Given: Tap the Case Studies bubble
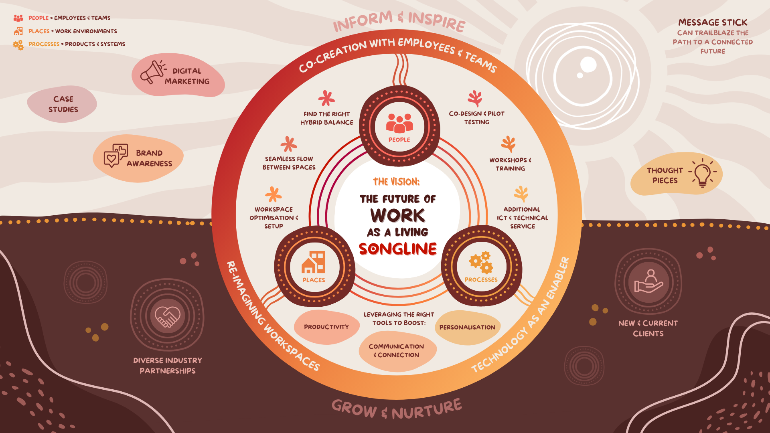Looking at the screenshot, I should pyautogui.click(x=63, y=104).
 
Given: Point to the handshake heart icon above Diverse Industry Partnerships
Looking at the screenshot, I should pyautogui.click(x=168, y=316).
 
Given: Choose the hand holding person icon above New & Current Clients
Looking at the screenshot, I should pyautogui.click(x=648, y=281).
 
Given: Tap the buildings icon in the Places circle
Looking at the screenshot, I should pyautogui.click(x=314, y=263).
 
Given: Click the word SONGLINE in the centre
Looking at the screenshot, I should pyautogui.click(x=397, y=249).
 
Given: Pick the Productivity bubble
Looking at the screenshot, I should pyautogui.click(x=326, y=327).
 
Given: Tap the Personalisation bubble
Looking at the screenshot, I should pyautogui.click(x=467, y=327).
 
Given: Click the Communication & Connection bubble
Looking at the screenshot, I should pyautogui.click(x=397, y=350).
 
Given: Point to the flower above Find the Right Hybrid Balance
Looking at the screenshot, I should pyautogui.click(x=326, y=98).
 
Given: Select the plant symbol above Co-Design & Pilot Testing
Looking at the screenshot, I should pyautogui.click(x=475, y=98).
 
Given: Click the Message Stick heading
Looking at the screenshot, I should pyautogui.click(x=713, y=22).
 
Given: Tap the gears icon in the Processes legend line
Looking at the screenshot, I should pyautogui.click(x=18, y=45).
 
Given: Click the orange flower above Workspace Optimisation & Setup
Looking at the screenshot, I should pyautogui.click(x=273, y=194).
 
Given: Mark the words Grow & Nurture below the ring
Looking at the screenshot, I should pyautogui.click(x=397, y=409).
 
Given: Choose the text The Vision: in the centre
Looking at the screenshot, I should pyautogui.click(x=396, y=182).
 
